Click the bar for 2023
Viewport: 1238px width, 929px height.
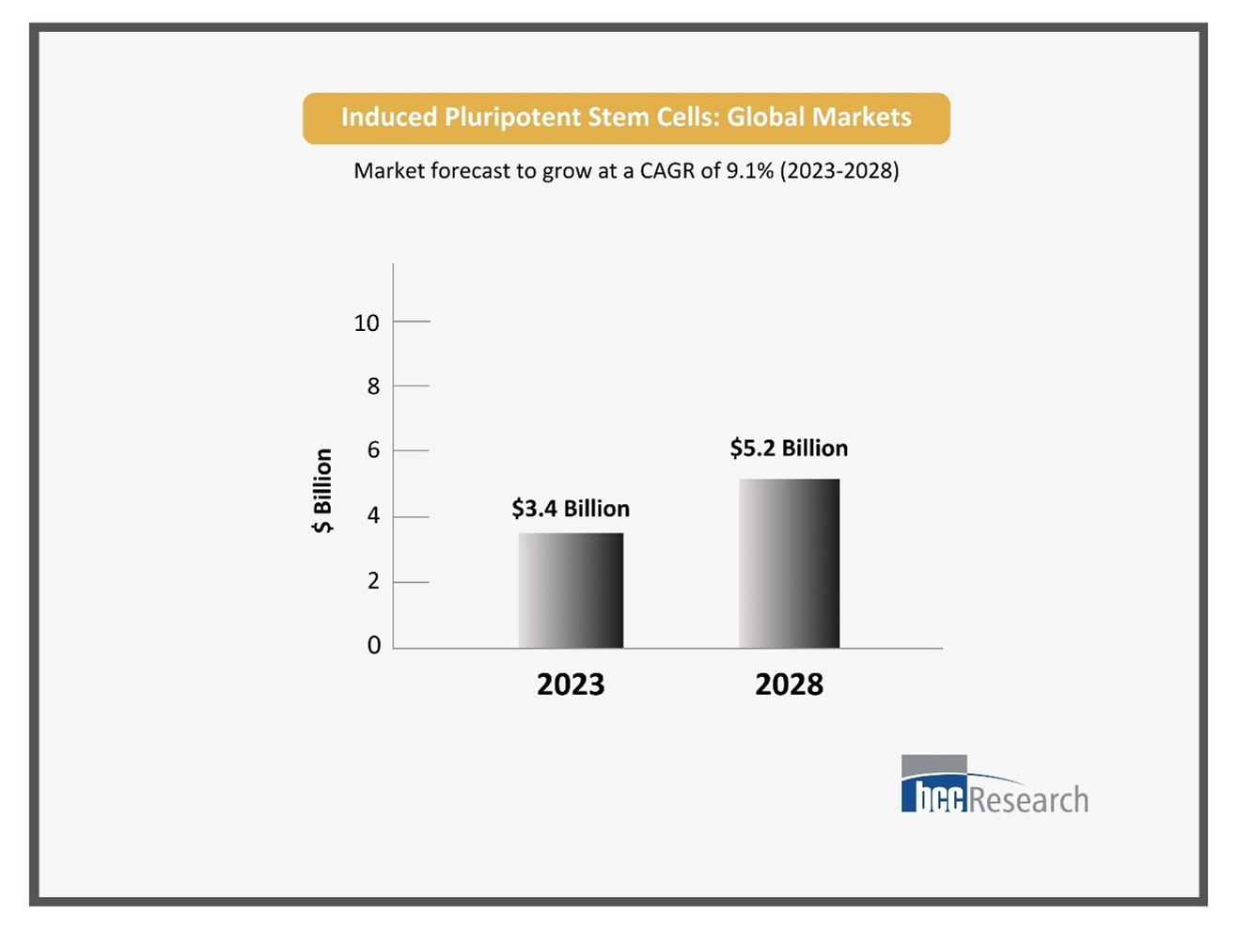click(571, 590)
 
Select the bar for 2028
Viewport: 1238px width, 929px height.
click(789, 563)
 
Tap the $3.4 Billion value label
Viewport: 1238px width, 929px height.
click(571, 509)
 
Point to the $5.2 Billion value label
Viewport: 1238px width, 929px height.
click(789, 449)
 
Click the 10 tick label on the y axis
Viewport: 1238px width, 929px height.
click(367, 323)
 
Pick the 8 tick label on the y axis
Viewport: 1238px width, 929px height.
click(373, 386)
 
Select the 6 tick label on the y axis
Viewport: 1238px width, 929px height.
click(373, 450)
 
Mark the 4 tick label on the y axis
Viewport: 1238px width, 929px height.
click(373, 515)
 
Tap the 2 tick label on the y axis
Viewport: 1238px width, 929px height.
click(373, 581)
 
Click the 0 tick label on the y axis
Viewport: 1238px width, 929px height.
click(373, 645)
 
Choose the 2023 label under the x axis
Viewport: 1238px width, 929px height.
click(571, 685)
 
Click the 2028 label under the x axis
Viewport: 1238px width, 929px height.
click(789, 685)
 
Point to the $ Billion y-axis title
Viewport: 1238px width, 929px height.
click(322, 490)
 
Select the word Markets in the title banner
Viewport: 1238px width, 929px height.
click(862, 118)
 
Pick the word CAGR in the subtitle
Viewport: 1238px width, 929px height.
click(667, 171)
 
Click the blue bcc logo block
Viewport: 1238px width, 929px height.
click(933, 795)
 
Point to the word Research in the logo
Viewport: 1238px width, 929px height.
click(1028, 800)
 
